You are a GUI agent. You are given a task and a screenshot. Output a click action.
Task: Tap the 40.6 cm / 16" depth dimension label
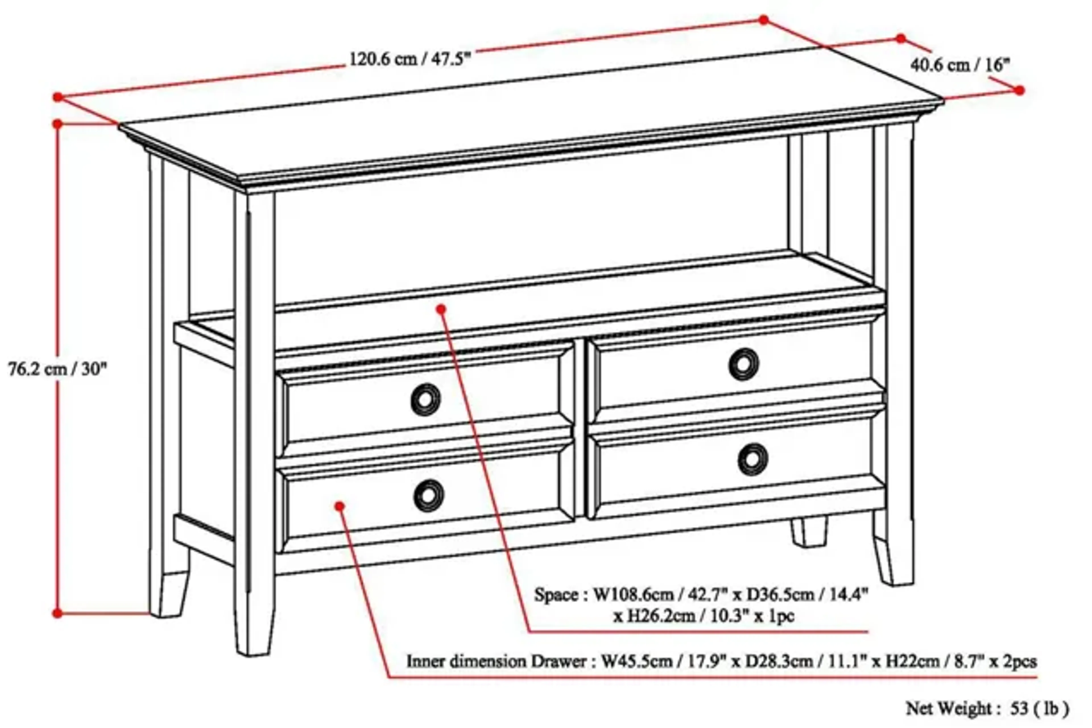point(959,65)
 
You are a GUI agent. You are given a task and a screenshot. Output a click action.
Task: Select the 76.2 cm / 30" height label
point(57,369)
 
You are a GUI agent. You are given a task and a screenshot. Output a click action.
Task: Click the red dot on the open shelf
point(441,309)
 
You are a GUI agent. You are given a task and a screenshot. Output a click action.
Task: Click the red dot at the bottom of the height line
point(57,613)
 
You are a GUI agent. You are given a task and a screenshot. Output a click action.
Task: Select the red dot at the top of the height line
point(57,124)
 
